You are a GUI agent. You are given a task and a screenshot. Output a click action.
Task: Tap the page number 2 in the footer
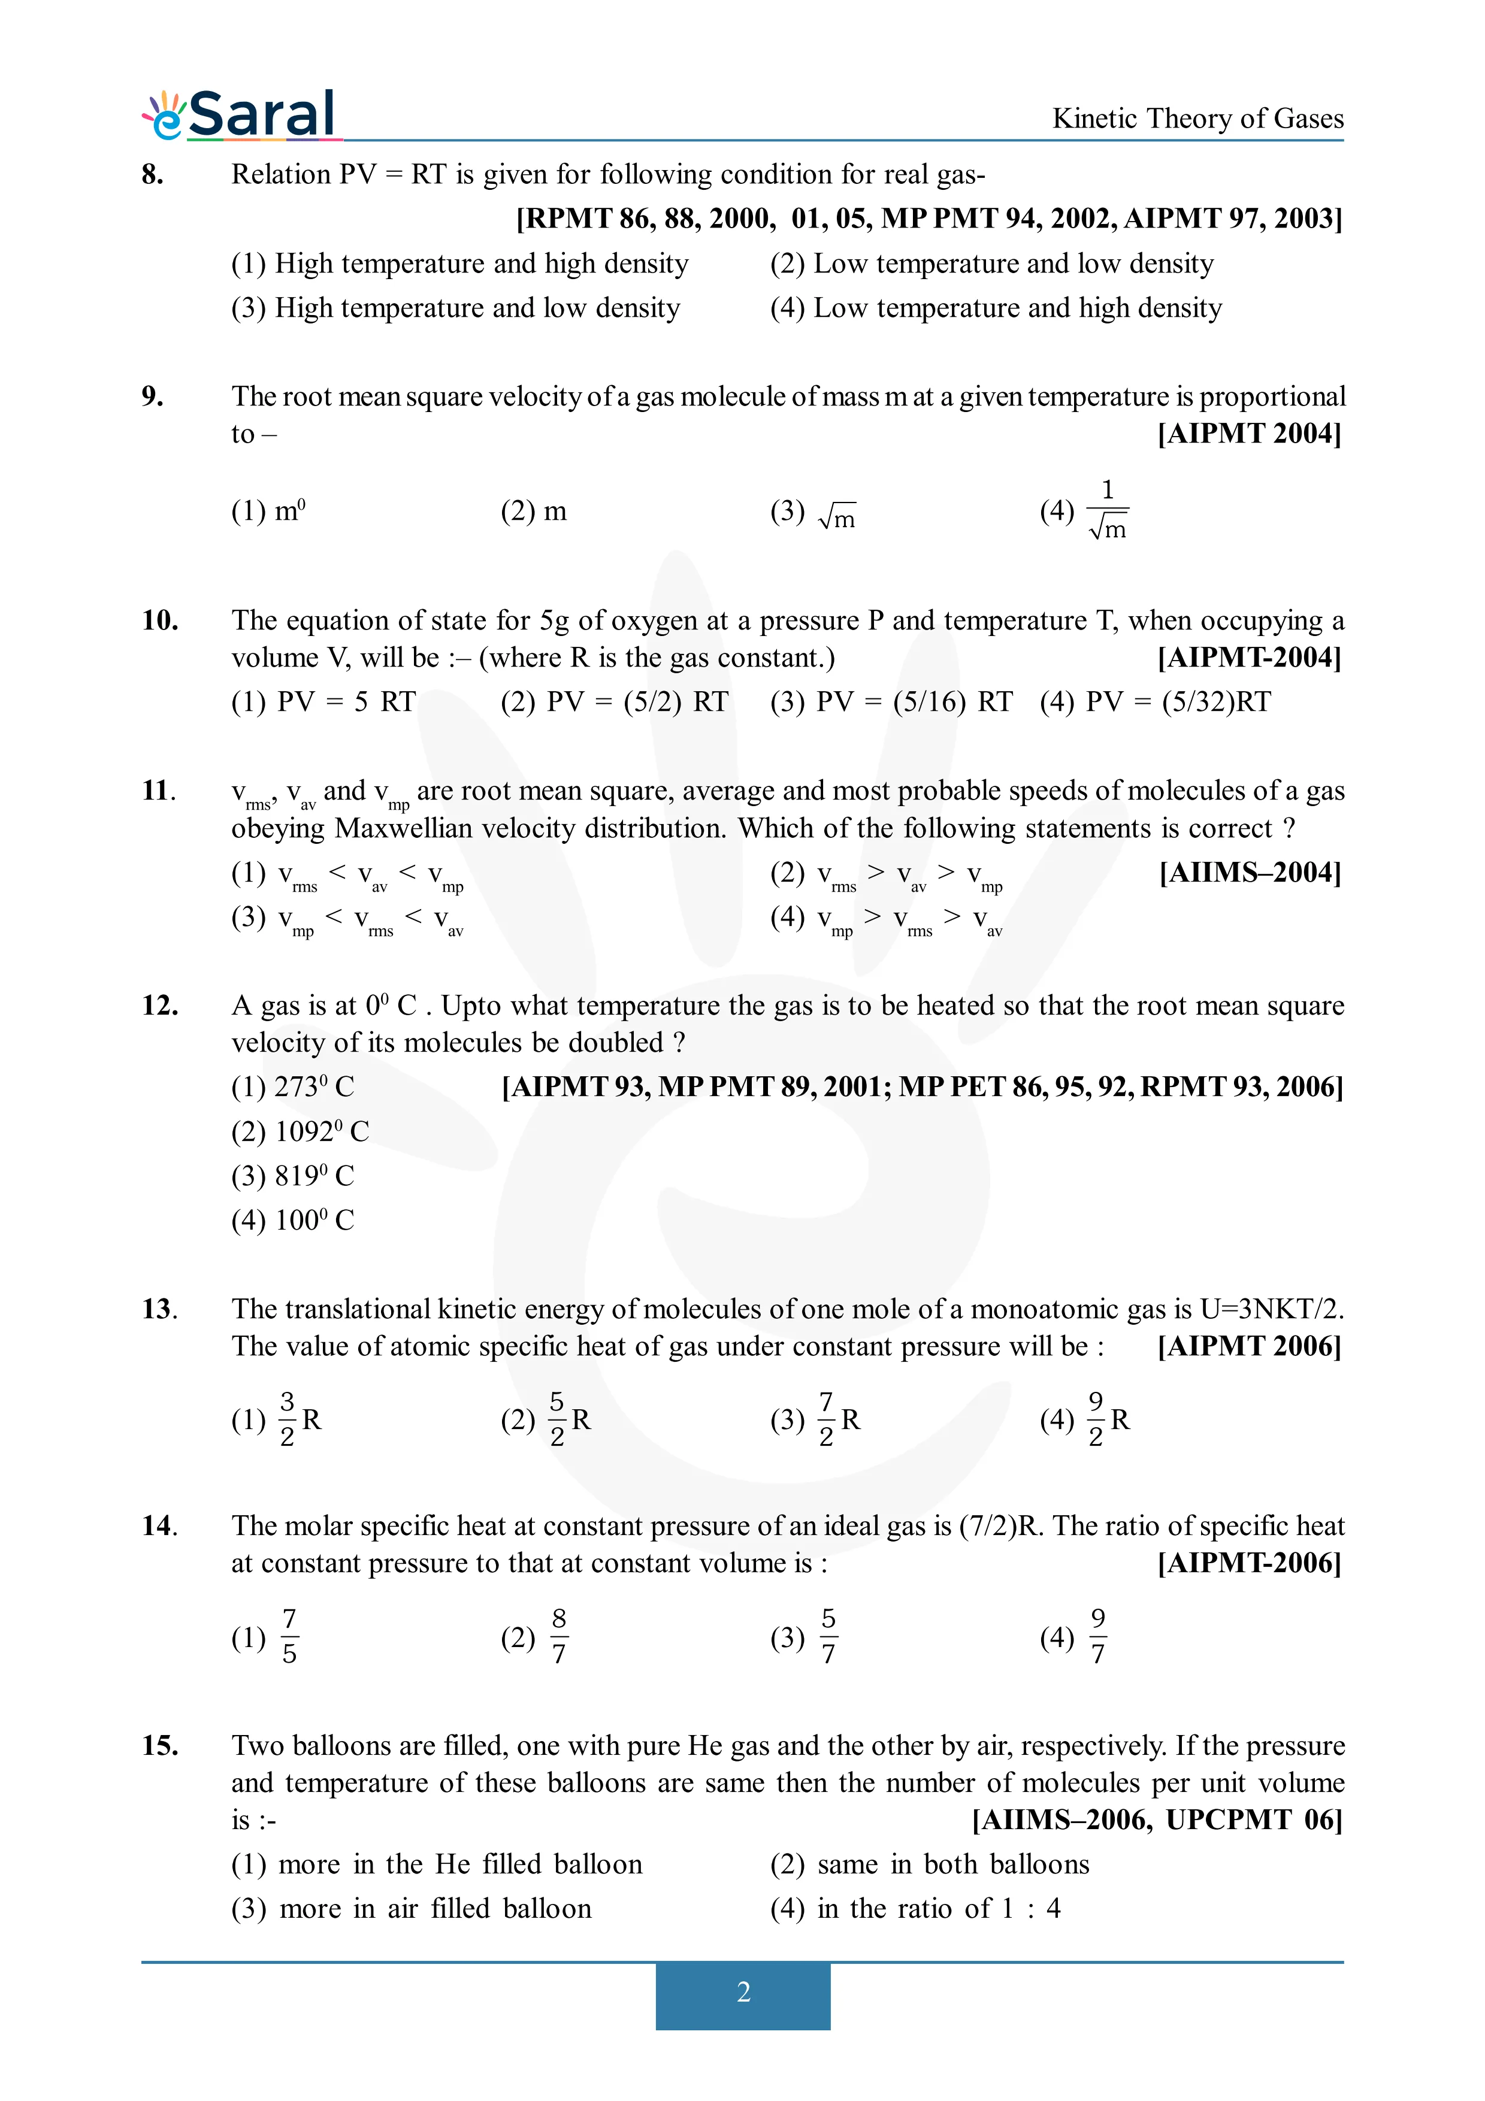743,1992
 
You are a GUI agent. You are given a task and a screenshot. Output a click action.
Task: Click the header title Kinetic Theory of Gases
1197,119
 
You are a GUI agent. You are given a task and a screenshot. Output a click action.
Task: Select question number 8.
153,174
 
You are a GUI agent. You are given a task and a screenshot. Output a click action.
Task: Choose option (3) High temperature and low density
456,308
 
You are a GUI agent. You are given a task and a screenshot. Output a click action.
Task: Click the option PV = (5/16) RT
891,702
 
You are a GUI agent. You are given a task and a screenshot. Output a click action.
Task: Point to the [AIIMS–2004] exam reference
1250,872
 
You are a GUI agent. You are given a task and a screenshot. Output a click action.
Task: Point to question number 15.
159,1746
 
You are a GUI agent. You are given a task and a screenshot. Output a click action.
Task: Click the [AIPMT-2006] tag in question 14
1249,1563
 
